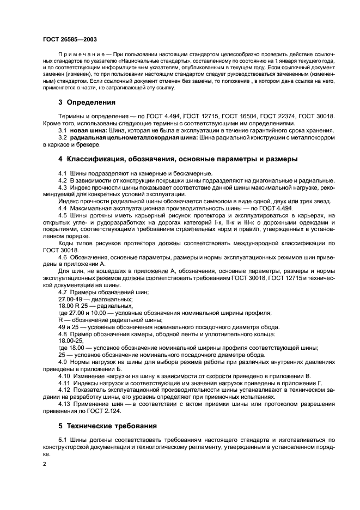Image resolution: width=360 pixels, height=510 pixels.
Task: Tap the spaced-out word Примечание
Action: [80, 56]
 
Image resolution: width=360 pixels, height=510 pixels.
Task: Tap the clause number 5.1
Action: [62, 439]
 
